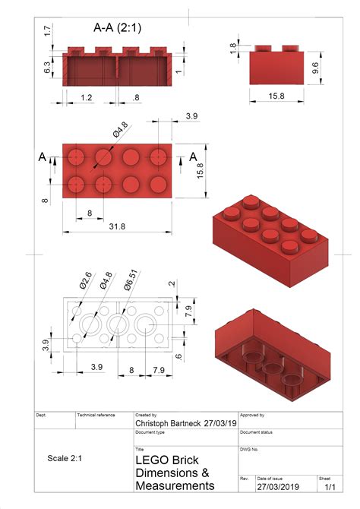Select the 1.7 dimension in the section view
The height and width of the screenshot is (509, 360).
(x=47, y=31)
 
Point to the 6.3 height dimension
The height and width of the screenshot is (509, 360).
(x=47, y=68)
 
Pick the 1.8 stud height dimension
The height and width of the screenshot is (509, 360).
(x=232, y=47)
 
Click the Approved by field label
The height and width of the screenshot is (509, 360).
(x=252, y=415)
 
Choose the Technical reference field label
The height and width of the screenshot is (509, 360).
(x=96, y=415)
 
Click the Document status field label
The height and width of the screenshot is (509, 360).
(x=257, y=432)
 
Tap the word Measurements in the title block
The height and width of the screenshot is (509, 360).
(x=175, y=485)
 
